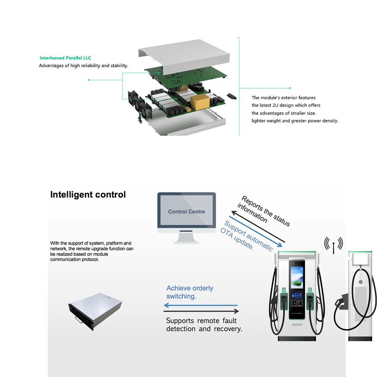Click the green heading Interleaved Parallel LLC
pos(65,58)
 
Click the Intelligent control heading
pos(88,195)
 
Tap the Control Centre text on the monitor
pos(187,211)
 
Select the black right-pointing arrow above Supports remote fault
pos(202,311)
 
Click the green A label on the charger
pos(284,290)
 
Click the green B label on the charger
pos(310,290)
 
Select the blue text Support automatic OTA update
pos(247,236)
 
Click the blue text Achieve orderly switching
pos(190,292)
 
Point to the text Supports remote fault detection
pos(204,325)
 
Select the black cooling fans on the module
pos(138,103)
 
